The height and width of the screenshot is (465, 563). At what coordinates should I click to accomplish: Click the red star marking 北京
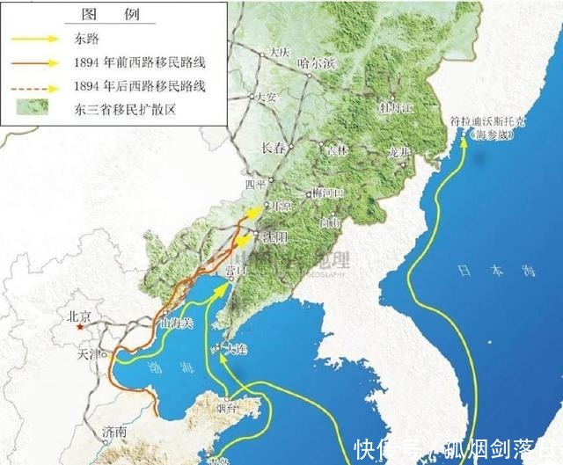click(81, 326)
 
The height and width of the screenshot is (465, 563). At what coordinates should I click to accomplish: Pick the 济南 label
click(113, 432)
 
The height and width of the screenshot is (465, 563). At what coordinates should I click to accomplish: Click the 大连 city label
click(236, 349)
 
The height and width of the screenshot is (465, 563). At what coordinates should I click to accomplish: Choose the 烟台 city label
click(227, 409)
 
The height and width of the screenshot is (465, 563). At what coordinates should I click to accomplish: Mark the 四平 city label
click(255, 185)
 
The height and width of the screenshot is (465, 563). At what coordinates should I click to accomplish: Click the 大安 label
click(265, 98)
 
